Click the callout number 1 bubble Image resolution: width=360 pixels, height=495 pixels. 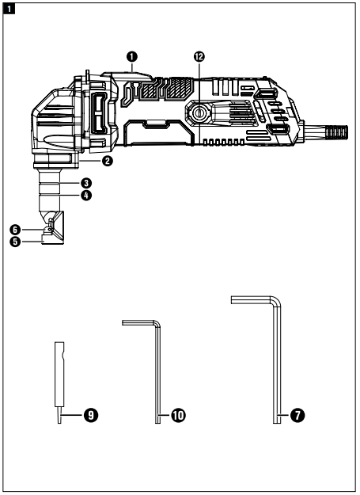(x=132, y=57)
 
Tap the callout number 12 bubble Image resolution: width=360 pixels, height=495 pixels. (x=199, y=57)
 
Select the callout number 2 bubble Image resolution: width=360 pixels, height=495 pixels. (x=108, y=161)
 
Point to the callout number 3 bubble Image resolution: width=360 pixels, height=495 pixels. (x=85, y=183)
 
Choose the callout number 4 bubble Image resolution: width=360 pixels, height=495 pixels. (x=85, y=196)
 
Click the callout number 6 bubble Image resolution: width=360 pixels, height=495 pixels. (x=15, y=230)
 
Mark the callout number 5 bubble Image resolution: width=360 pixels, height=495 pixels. (x=15, y=242)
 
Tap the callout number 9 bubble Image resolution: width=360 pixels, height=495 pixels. (x=91, y=415)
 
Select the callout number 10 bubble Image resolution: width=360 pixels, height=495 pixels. (x=178, y=415)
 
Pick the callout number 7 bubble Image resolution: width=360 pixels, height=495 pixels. (x=297, y=415)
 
